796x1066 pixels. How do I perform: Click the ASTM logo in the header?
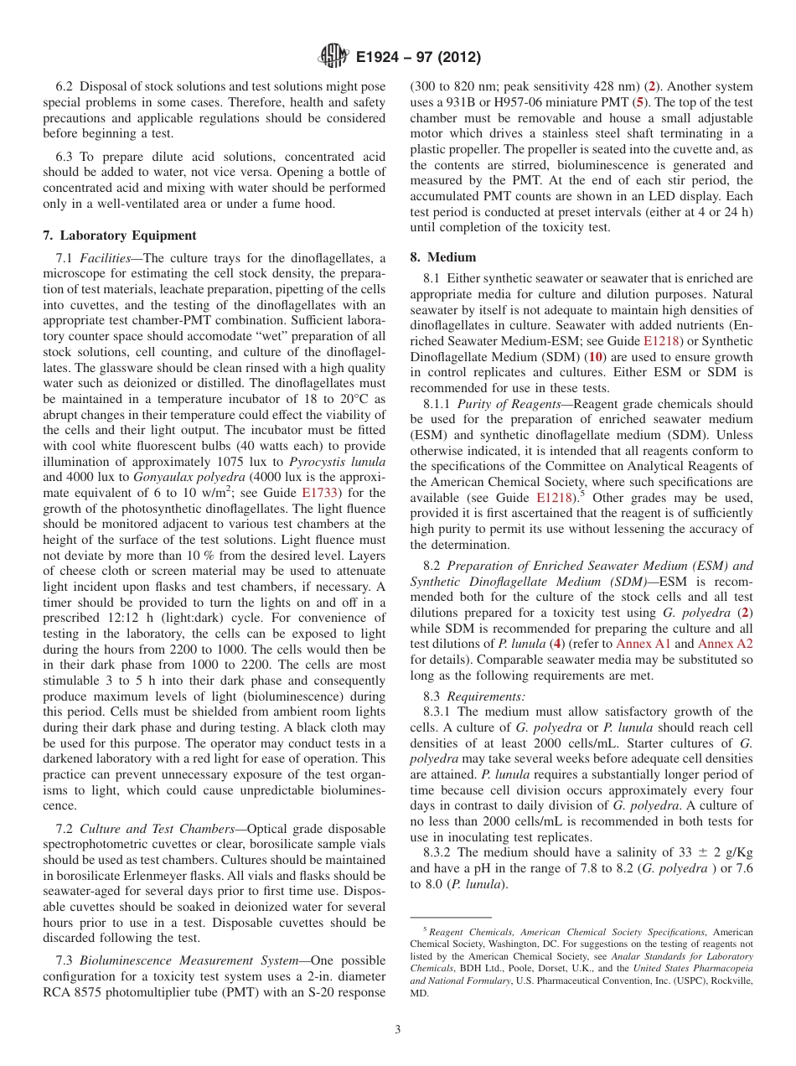(x=333, y=57)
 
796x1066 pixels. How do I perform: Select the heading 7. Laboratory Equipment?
(x=120, y=235)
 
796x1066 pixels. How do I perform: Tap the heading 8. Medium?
(x=442, y=257)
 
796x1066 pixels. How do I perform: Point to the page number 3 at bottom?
(x=398, y=1029)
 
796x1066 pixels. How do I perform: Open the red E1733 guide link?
(x=319, y=493)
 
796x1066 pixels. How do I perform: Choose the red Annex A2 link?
(x=726, y=644)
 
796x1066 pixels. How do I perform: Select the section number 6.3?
(x=68, y=157)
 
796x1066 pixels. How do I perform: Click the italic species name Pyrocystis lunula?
(x=337, y=462)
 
